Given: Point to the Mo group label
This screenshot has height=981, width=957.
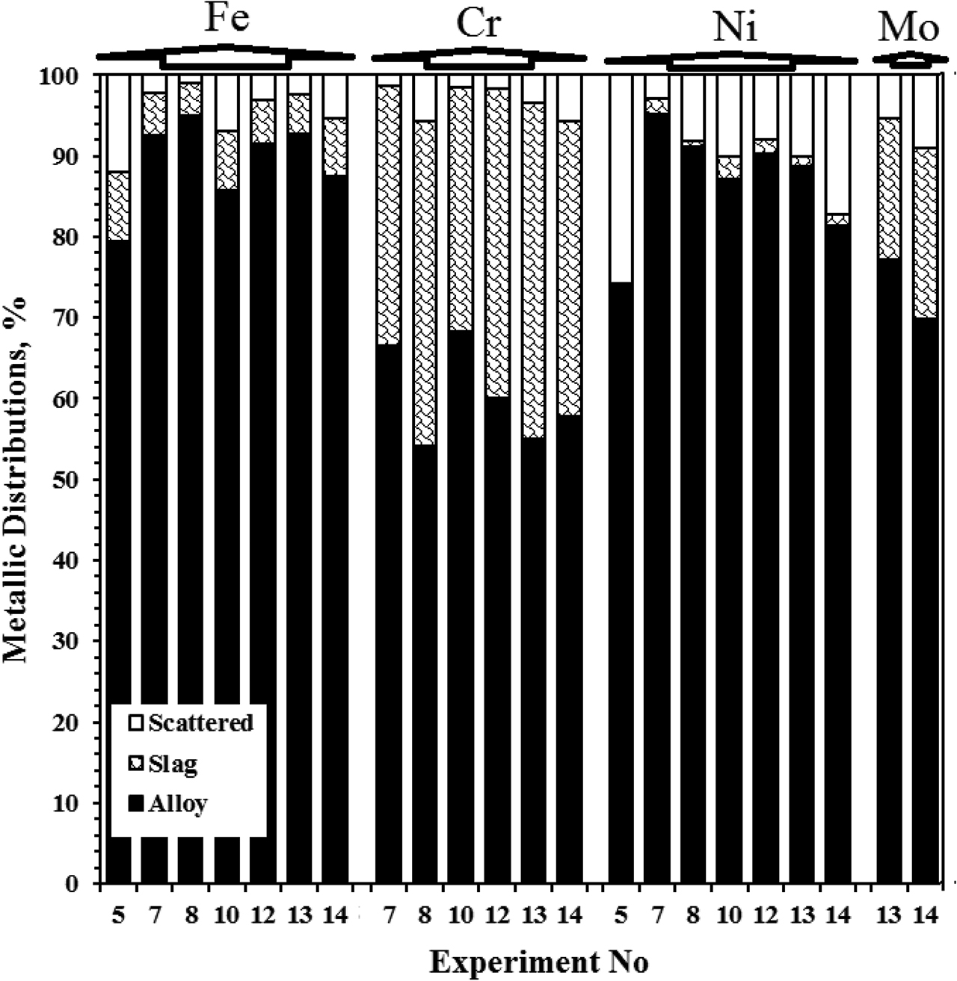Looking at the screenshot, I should pos(908,28).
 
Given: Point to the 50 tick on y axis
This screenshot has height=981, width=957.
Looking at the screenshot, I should pos(76,480).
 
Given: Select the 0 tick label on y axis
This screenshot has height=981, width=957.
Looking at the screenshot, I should pos(81,885).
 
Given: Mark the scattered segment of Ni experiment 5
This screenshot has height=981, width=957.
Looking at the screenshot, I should pos(621,179).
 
